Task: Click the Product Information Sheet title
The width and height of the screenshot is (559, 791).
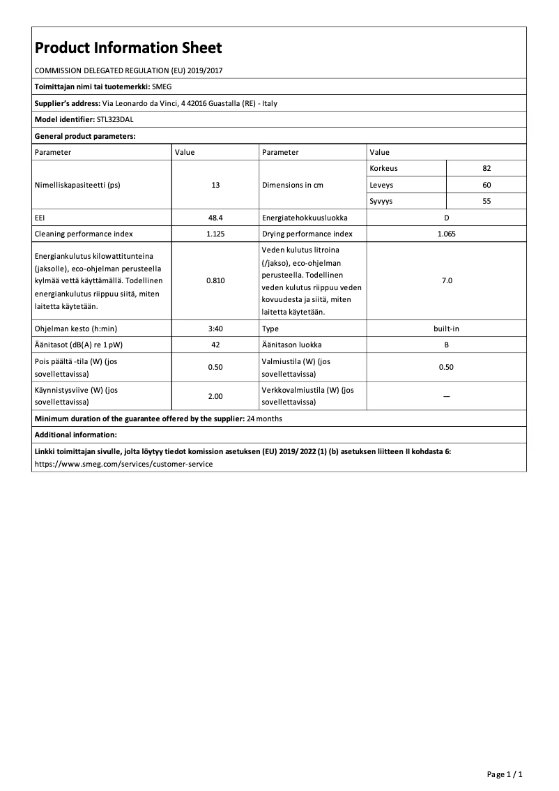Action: [x=128, y=48]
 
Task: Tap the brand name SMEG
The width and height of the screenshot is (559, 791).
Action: [x=161, y=87]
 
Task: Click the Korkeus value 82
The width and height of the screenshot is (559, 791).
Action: [x=487, y=169]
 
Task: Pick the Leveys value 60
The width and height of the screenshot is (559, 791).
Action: [x=487, y=185]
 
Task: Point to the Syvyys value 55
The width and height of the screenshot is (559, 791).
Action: [x=487, y=201]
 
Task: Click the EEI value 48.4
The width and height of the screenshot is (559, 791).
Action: [x=215, y=218]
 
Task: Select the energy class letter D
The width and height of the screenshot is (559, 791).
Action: [x=446, y=218]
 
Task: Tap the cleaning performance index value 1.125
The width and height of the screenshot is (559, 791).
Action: [x=215, y=234]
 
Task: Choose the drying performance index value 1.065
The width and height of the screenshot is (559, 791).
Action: [x=446, y=234]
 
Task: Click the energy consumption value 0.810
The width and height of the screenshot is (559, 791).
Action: [x=215, y=280]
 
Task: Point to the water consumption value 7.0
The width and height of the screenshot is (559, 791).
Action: [x=446, y=280]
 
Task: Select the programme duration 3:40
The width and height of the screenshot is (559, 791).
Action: [x=215, y=328]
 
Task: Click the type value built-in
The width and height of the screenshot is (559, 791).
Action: [x=446, y=328]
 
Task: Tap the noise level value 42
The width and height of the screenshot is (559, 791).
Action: [x=215, y=345]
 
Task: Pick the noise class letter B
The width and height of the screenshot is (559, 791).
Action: [x=446, y=345]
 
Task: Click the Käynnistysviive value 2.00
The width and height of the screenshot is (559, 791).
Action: [x=215, y=396]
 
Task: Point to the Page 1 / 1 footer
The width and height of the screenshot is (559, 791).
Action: [x=504, y=774]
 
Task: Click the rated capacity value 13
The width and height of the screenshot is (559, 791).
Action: [x=215, y=186]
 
